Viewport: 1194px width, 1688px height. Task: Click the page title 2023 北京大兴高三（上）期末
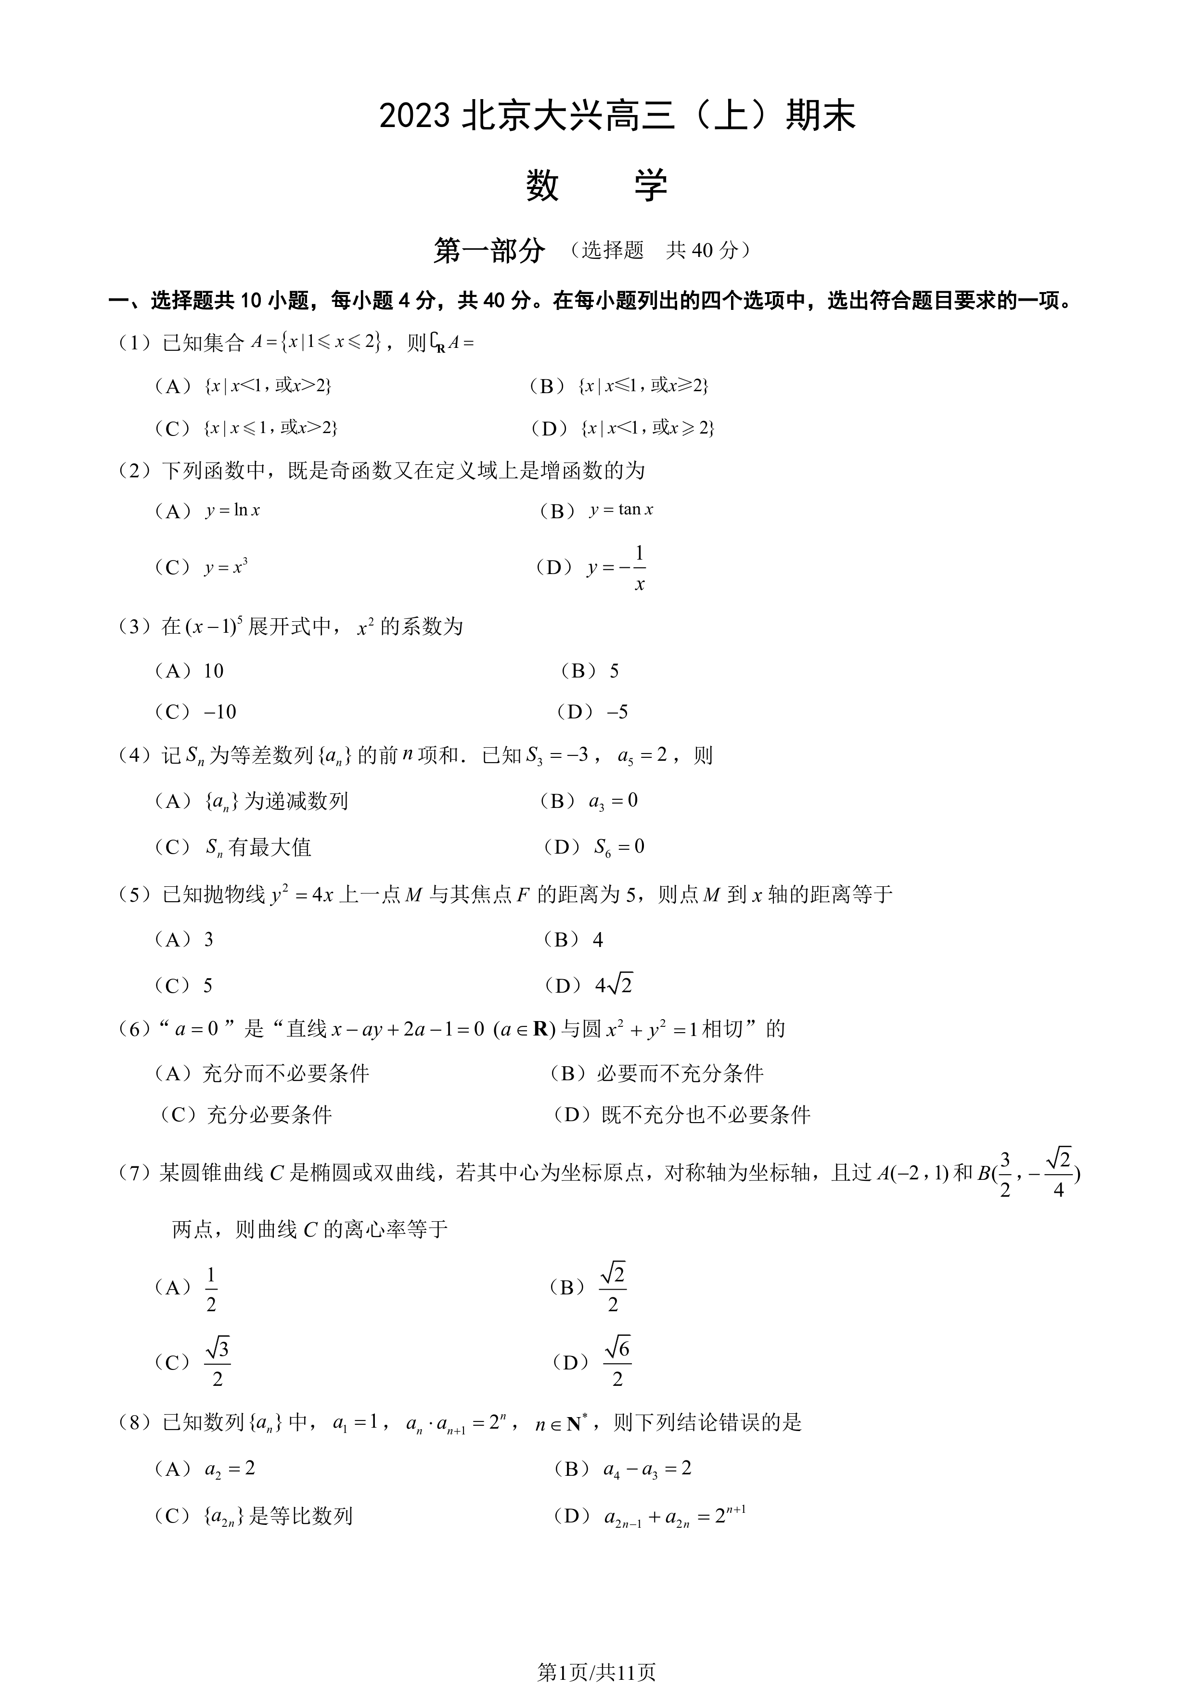(x=617, y=116)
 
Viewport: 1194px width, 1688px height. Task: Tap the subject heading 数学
(x=596, y=185)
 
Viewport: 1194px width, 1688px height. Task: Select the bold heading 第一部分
(x=489, y=251)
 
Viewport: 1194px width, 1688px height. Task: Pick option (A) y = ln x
(x=207, y=510)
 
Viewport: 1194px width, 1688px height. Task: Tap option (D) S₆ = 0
(x=594, y=847)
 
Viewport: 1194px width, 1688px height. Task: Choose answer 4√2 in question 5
(x=588, y=985)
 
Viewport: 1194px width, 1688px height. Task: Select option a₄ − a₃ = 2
(x=623, y=1469)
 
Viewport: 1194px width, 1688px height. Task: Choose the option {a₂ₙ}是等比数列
(x=253, y=1515)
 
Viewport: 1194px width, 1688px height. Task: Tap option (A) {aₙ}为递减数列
(x=250, y=801)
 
